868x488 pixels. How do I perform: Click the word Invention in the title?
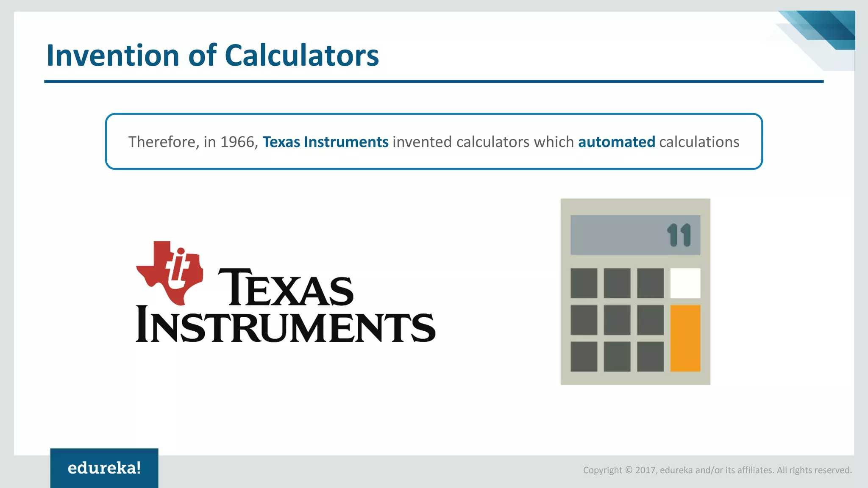113,55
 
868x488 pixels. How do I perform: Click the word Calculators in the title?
301,55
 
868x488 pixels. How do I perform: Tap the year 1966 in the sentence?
239,142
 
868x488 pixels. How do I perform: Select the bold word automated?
616,142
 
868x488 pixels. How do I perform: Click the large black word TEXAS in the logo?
285,288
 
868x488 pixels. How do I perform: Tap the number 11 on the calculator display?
679,235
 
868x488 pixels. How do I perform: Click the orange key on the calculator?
685,338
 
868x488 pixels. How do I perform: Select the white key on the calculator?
685,283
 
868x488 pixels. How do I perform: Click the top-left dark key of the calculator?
584,283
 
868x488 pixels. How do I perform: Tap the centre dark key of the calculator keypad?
617,320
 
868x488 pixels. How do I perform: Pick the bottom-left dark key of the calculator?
584,357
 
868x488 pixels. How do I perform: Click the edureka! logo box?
104,468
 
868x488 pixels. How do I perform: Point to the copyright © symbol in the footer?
629,470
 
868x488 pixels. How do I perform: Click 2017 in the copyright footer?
645,470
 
